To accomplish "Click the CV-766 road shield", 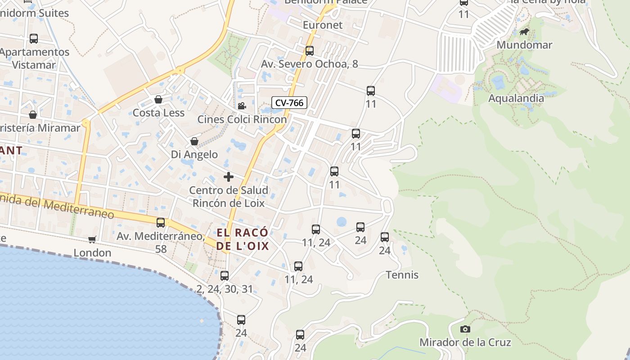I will point(289,103).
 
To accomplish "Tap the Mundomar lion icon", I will point(524,31).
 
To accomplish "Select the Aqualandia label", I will point(516,98).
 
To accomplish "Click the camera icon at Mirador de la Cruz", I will point(465,329).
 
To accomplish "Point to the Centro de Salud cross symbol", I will point(229,177).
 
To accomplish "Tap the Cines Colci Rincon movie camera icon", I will point(242,106).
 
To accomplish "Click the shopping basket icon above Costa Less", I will point(158,99).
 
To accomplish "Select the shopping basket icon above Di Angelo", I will point(194,141).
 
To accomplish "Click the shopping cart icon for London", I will point(92,239).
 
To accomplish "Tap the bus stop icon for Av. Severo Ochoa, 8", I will point(310,51).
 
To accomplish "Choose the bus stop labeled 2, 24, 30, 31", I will point(225,276).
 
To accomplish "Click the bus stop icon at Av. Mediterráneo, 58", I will point(161,223).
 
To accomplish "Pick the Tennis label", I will point(402,275).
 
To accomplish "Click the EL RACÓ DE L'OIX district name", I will point(243,239).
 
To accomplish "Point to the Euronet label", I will point(323,25).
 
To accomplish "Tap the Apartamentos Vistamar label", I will point(34,58).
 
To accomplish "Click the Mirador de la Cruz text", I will point(465,342).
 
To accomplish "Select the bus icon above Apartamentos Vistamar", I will point(34,39).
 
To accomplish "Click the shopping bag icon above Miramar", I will point(33,115).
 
